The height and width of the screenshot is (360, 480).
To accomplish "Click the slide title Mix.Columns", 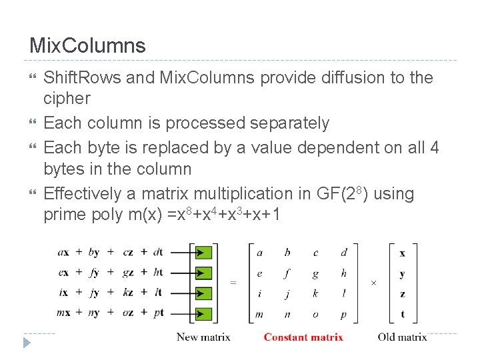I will point(87,46).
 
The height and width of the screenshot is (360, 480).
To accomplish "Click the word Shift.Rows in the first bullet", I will point(82,78).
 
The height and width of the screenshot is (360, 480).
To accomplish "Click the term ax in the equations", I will point(64,252).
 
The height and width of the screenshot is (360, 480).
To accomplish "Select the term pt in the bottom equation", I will point(158,312).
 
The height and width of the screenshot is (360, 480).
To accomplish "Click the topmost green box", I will point(204,253).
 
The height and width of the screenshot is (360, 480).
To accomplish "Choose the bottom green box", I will point(204,313).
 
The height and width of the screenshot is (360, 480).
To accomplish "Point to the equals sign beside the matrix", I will point(233,282).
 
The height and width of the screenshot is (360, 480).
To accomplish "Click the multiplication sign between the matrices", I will point(373,283).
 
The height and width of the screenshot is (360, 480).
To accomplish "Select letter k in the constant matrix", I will point(316,293).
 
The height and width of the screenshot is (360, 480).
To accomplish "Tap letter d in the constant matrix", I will point(344,252).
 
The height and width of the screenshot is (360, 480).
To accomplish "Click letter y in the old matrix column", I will point(402,273).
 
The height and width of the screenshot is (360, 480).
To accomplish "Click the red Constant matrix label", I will point(303,337).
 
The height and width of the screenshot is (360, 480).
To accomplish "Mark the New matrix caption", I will point(203,337).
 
